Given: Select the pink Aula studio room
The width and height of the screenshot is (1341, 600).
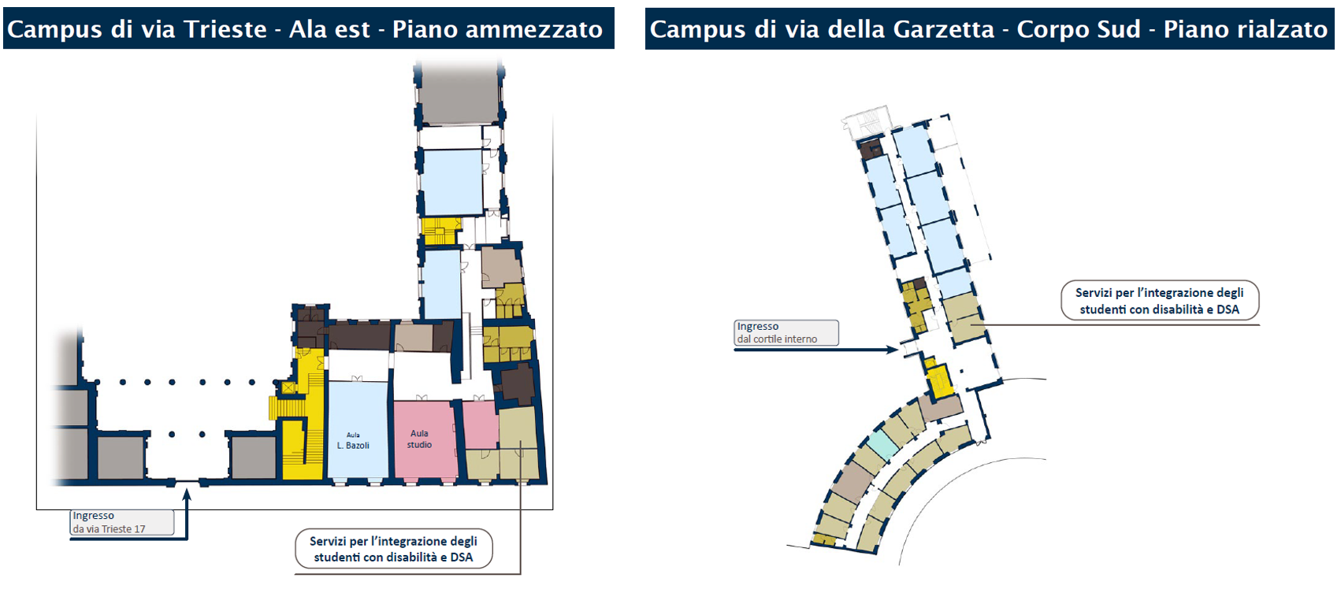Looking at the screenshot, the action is (424, 439).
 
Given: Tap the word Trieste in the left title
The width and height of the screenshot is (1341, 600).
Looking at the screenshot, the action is (225, 29).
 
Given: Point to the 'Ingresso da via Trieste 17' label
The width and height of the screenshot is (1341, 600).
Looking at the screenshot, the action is (122, 522).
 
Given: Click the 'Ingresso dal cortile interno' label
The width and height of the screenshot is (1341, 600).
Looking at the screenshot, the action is (786, 332).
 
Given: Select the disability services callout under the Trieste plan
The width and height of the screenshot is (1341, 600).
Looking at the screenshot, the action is (393, 549).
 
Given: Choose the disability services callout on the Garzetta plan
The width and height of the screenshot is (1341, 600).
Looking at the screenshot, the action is (1160, 300).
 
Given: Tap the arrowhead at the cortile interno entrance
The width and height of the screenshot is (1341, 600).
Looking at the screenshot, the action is (893, 350).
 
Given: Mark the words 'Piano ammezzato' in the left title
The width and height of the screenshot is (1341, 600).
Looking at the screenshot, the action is (497, 29).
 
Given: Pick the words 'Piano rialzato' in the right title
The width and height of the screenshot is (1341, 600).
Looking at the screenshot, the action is (1245, 29).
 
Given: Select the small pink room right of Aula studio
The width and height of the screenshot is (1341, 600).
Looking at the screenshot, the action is (480, 424).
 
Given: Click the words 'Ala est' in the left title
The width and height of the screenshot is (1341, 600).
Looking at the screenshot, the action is (329, 29).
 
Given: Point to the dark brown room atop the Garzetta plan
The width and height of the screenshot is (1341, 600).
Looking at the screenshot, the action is (871, 148).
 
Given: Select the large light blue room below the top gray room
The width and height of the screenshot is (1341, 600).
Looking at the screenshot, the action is (452, 182).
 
